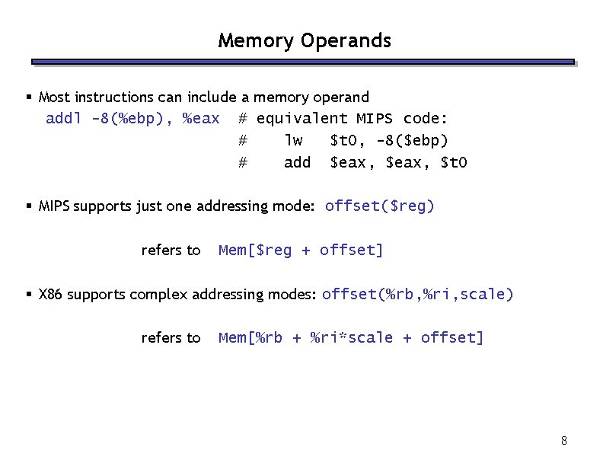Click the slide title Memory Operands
pyautogui.click(x=305, y=40)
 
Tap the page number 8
pyautogui.click(x=563, y=441)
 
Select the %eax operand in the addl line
pyautogui.click(x=201, y=119)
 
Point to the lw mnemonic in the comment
pyautogui.click(x=293, y=141)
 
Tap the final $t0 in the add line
pyautogui.click(x=455, y=163)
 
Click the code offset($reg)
pyautogui.click(x=379, y=206)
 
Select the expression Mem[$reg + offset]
pyautogui.click(x=301, y=250)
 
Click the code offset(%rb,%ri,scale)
pyautogui.click(x=418, y=294)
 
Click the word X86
pyautogui.click(x=51, y=295)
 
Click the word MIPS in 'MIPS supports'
pyautogui.click(x=54, y=206)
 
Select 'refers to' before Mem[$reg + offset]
pyautogui.click(x=171, y=250)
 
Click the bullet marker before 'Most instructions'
pyautogui.click(x=29, y=97)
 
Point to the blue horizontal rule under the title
pyautogui.click(x=302, y=62)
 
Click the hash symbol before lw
pyautogui.click(x=243, y=141)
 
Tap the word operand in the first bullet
pyautogui.click(x=342, y=97)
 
